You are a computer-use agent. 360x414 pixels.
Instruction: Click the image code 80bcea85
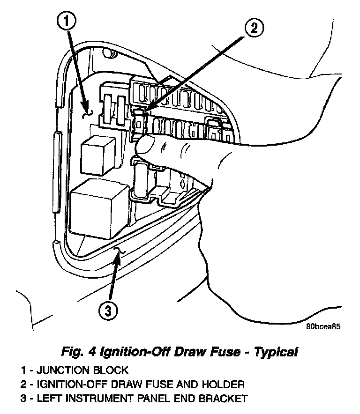point(323,328)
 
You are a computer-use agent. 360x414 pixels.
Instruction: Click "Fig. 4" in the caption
point(75,351)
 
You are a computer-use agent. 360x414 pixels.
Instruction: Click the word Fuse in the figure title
point(210,351)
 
